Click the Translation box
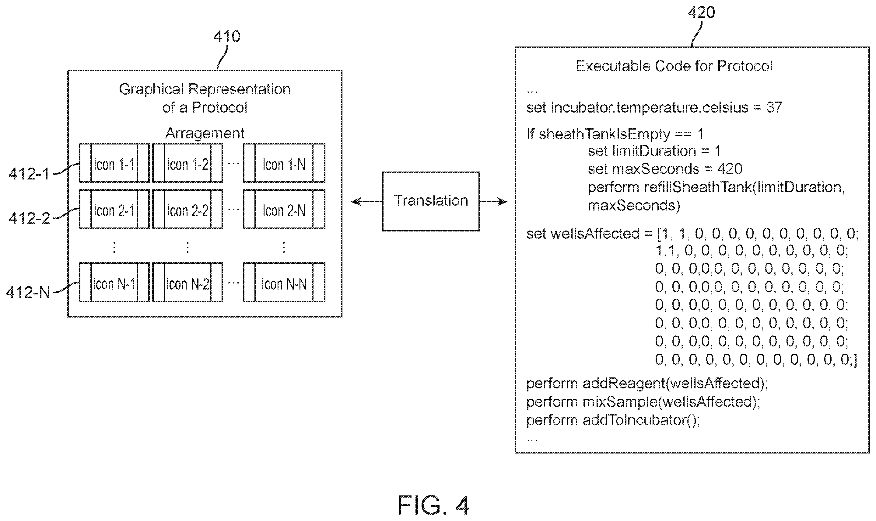pyautogui.click(x=431, y=201)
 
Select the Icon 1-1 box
pyautogui.click(x=114, y=163)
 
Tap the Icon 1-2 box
pyautogui.click(x=187, y=163)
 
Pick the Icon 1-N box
pyautogui.click(x=284, y=163)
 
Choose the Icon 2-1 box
pyautogui.click(x=114, y=209)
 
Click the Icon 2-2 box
pyautogui.click(x=187, y=209)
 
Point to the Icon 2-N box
pyautogui.click(x=284, y=209)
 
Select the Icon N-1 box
pyautogui.click(x=114, y=282)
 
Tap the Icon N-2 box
pyautogui.click(x=187, y=282)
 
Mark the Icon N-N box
pyautogui.click(x=284, y=282)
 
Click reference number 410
pyautogui.click(x=227, y=36)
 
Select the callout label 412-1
pyautogui.click(x=29, y=174)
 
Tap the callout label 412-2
pyautogui.click(x=29, y=218)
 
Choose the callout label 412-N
pyautogui.click(x=28, y=292)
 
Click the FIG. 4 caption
pyautogui.click(x=433, y=505)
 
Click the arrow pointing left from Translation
pyautogui.click(x=366, y=202)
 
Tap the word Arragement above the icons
pyautogui.click(x=205, y=134)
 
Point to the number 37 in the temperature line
pyautogui.click(x=774, y=107)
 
